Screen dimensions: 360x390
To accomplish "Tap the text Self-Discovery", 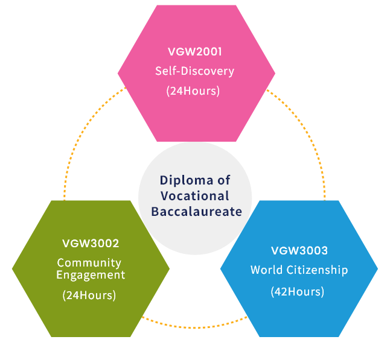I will tap(194, 71).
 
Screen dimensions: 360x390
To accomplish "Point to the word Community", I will tap(89, 263).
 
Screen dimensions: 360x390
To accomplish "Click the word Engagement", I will tap(91, 275).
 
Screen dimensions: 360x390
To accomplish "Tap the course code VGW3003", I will tap(299, 250).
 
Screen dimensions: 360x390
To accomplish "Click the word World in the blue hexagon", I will tap(266, 270).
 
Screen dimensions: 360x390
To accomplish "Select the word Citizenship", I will tap(316, 270).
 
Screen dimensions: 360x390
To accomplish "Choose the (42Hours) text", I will tap(298, 291).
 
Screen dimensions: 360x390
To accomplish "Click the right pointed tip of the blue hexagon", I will tap(377, 268).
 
